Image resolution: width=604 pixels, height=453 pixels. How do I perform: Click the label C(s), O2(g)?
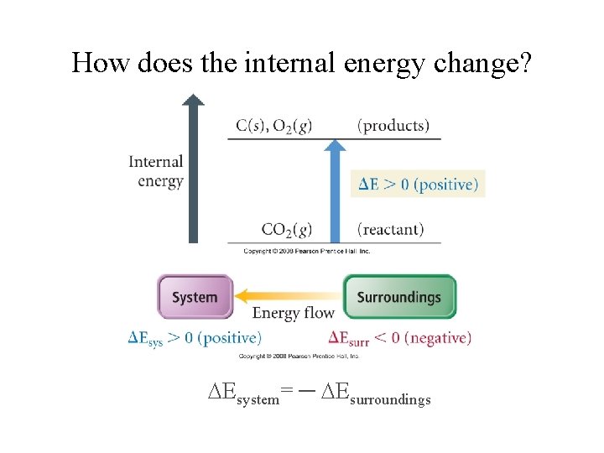[273, 126]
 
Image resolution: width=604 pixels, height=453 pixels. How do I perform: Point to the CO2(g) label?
[287, 229]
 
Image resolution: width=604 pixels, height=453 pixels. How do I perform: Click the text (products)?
[393, 126]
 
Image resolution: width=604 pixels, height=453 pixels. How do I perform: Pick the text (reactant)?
[390, 229]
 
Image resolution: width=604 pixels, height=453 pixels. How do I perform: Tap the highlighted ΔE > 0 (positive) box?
[418, 185]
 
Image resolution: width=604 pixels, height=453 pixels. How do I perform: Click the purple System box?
[195, 297]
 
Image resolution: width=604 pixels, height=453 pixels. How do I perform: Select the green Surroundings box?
[399, 297]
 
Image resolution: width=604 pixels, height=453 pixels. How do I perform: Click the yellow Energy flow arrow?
[289, 295]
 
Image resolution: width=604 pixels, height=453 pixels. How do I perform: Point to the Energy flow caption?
[294, 314]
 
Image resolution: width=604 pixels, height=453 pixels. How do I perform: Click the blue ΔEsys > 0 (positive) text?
[195, 338]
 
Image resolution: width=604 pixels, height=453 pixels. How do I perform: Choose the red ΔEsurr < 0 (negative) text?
[399, 338]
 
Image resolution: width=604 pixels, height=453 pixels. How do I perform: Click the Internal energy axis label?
[156, 171]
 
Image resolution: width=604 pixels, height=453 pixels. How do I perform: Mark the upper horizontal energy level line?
[334, 139]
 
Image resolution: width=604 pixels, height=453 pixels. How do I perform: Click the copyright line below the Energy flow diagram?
[299, 357]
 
